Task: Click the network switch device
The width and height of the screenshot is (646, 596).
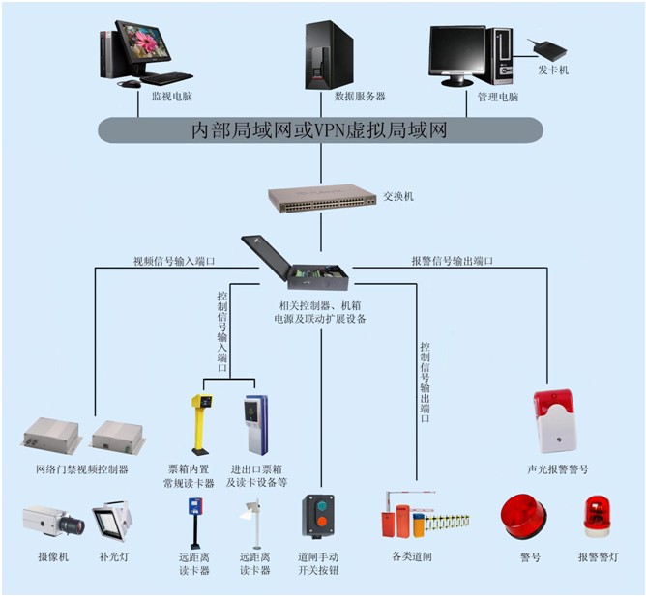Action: [x=322, y=199]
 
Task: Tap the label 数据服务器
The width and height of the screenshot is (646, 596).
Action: [x=360, y=97]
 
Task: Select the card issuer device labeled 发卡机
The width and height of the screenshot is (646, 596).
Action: [x=549, y=49]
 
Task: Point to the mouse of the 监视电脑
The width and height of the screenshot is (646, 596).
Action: [x=130, y=84]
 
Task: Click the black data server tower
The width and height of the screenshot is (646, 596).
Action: [x=329, y=55]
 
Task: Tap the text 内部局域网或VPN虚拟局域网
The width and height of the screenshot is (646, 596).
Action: [x=320, y=130]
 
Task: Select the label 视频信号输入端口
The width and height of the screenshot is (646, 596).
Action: [x=174, y=261]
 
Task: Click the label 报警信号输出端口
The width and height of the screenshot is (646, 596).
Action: [x=452, y=261]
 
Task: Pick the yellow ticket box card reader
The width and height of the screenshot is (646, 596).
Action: [x=201, y=424]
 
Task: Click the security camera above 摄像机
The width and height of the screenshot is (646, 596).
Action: [x=53, y=521]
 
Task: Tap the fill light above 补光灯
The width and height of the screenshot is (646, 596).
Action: [x=112, y=521]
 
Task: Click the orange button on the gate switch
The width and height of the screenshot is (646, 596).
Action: [x=321, y=522]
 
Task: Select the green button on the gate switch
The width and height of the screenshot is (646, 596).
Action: [x=321, y=506]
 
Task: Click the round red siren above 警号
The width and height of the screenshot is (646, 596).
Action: [x=523, y=517]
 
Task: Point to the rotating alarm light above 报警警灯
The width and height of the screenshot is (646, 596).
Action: [x=597, y=517]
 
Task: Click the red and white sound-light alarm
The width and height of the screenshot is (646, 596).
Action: [x=554, y=420]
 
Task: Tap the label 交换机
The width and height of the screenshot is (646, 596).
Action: [x=398, y=196]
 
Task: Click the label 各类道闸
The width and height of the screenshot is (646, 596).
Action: [x=412, y=556]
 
